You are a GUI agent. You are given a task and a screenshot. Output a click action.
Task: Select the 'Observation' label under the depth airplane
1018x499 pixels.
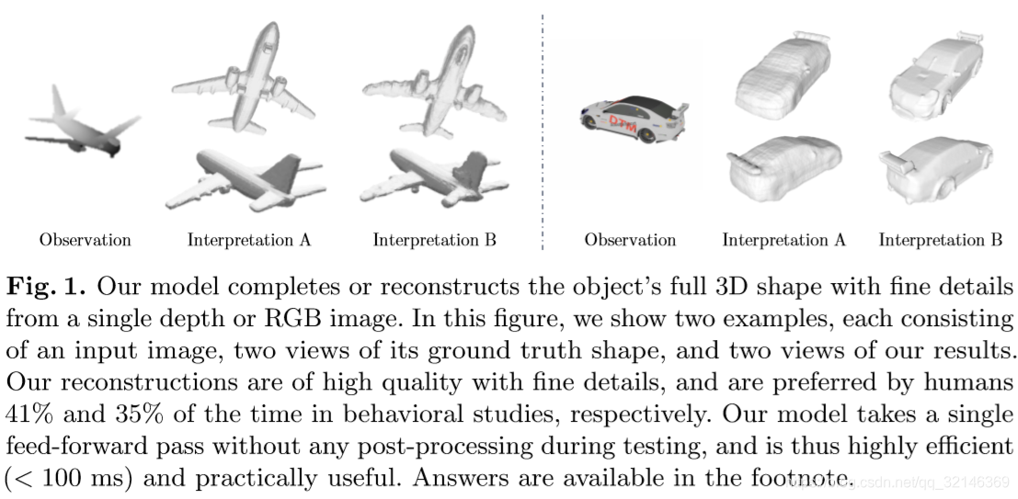tap(85, 241)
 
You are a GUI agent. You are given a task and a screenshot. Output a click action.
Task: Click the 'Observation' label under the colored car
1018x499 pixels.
tap(630, 241)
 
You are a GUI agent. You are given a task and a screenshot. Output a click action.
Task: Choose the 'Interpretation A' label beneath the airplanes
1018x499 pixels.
tap(249, 241)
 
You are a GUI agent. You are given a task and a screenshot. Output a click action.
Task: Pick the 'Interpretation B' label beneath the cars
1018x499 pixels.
tap(940, 241)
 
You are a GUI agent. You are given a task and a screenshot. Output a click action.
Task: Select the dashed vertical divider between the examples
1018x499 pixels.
tap(542, 129)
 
